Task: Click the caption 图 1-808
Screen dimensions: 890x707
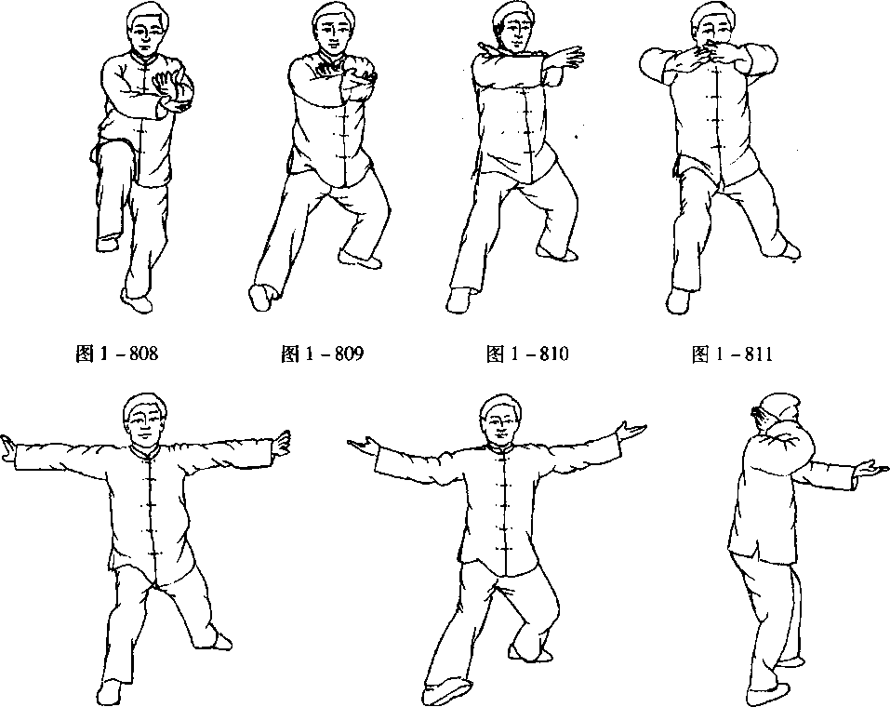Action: coord(116,353)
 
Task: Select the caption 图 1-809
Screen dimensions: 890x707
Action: coord(322,353)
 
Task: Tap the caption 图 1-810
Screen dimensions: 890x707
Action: coord(527,353)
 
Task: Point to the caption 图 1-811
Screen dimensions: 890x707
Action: coord(732,353)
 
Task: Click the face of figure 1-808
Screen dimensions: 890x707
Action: coord(146,35)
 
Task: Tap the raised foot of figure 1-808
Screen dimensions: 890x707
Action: coord(107,243)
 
